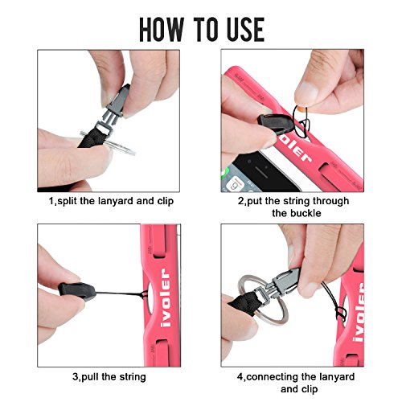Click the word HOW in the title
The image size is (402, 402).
[x=161, y=30]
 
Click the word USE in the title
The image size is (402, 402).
[x=246, y=30]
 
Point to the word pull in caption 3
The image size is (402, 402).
[x=90, y=377]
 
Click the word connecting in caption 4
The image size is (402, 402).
[x=272, y=377]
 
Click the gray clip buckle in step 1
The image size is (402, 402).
[x=115, y=107]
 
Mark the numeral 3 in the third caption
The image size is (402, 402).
[x=76, y=377]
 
